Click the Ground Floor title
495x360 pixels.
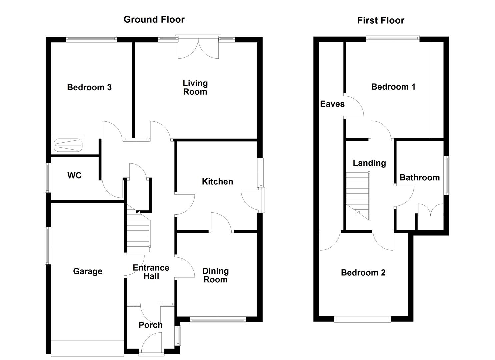point(154,19)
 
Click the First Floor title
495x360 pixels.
point(381,20)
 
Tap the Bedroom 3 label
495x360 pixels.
point(89,87)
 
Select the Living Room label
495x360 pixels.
point(195,87)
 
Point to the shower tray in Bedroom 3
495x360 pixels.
point(68,145)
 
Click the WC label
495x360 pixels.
point(74,175)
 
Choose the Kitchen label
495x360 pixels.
point(217,181)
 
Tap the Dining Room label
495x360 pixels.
point(216,275)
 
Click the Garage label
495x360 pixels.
point(88,271)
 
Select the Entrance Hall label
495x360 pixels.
point(151,272)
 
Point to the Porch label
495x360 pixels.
point(151,325)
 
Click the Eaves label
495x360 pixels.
point(332,104)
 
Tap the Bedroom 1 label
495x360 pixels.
point(393,87)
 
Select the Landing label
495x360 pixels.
point(369,163)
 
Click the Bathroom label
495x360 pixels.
point(420,177)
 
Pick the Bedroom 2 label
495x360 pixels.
point(363,273)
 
